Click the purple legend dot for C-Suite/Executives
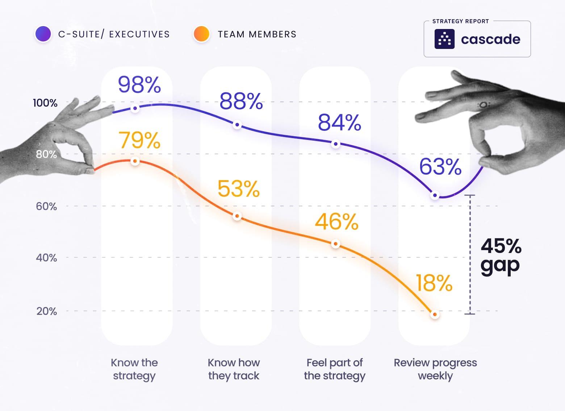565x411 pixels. click(43, 34)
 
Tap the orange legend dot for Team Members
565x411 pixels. click(201, 34)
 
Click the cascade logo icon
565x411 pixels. click(444, 39)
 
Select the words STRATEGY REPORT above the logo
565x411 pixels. click(460, 21)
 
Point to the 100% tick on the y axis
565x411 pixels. click(45, 103)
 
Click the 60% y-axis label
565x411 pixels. click(46, 206)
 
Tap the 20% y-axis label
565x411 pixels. click(47, 311)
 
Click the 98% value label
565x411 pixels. click(139, 85)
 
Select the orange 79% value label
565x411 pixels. click(139, 140)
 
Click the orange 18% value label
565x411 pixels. click(434, 283)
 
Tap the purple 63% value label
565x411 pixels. click(440, 167)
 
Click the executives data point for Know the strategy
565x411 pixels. click(135, 108)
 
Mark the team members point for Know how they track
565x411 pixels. click(237, 216)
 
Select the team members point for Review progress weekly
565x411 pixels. click(435, 314)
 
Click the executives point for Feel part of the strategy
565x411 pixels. click(336, 144)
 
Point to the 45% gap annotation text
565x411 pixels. click(501, 256)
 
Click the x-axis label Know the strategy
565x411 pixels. click(134, 369)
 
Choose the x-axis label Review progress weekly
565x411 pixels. click(435, 369)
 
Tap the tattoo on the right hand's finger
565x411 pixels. click(483, 105)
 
